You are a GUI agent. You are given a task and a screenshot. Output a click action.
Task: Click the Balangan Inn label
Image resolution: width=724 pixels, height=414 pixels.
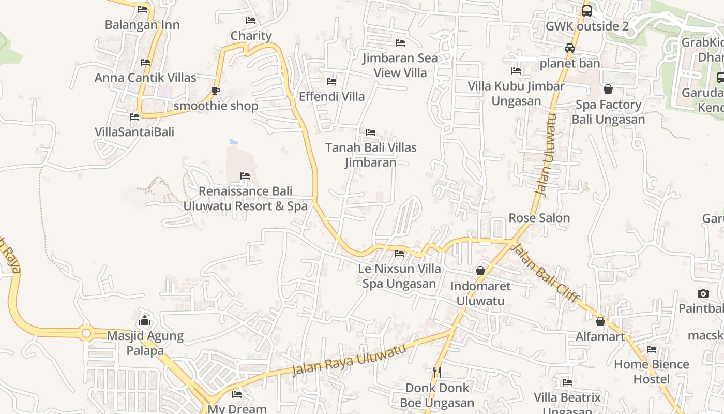coord(142,25)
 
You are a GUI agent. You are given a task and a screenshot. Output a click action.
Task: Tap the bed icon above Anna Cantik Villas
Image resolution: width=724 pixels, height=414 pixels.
coord(145,63)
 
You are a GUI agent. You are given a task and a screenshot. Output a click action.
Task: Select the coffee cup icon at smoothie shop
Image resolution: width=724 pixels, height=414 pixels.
coord(216,91)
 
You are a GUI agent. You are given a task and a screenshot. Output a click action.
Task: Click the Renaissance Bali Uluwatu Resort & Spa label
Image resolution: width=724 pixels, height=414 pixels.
coord(245,199)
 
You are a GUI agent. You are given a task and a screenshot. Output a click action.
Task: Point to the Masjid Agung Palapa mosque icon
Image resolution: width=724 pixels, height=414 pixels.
coord(145,321)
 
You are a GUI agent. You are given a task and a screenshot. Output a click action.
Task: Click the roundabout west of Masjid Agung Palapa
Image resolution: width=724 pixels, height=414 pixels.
coord(86,333)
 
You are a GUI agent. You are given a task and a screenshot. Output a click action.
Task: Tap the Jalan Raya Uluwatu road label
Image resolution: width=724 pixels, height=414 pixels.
coord(349,360)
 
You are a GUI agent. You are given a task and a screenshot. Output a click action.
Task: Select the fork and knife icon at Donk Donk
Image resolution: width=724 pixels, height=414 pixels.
coord(437,372)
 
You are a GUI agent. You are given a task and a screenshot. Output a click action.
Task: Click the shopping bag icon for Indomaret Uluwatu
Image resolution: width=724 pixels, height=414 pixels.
coord(480,271)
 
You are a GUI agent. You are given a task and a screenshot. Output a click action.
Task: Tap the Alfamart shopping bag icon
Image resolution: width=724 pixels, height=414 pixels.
coord(600,321)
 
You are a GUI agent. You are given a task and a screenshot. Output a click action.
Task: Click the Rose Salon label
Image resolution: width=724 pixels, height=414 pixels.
coord(539,218)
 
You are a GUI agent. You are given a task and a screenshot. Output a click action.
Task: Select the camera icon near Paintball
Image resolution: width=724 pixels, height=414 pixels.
coord(703,294)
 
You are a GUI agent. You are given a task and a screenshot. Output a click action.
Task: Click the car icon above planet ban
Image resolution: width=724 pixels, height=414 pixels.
coord(570,48)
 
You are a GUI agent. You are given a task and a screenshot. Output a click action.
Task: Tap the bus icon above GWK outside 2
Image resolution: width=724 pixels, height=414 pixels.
coord(586,11)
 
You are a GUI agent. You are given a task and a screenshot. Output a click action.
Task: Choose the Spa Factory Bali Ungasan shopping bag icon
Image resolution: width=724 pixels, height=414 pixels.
coord(608,89)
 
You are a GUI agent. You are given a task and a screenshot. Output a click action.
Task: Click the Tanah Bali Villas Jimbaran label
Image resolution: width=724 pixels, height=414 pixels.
coord(371,155)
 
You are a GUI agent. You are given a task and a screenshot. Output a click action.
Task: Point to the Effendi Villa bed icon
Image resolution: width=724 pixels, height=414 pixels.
coord(331,81)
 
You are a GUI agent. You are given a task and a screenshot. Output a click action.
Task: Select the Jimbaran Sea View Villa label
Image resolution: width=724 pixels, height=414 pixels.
coord(400,65)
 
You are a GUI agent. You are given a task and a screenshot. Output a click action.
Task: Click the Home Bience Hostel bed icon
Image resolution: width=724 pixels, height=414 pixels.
coord(652,349)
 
